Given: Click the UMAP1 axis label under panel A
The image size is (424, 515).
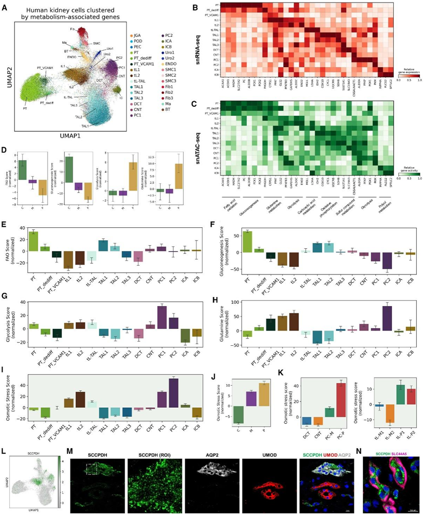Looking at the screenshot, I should point(70,137).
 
